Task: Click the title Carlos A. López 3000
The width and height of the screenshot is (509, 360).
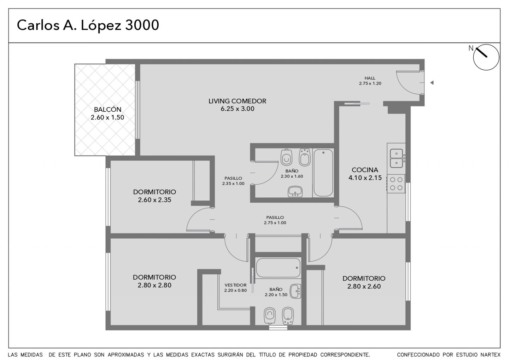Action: [88, 25]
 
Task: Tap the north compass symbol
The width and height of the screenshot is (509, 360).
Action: [486, 57]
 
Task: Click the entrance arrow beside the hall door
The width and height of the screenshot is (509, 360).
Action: [432, 83]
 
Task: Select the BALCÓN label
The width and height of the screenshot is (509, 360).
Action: [107, 110]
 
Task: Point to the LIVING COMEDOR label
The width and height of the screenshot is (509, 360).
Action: [237, 101]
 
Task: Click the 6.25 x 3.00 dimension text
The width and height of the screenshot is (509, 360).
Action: [237, 109]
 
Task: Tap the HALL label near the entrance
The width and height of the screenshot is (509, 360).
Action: [370, 78]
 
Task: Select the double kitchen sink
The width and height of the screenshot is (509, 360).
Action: [396, 158]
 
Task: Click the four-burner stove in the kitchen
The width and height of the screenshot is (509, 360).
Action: [396, 184]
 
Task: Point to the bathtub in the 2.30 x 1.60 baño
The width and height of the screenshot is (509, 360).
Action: [323, 173]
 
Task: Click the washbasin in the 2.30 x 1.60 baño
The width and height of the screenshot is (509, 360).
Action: [295, 192]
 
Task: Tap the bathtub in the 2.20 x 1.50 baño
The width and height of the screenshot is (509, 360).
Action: [278, 268]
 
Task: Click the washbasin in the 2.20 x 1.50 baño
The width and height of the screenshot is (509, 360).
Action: [296, 291]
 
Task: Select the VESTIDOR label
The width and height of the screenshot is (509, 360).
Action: [235, 285]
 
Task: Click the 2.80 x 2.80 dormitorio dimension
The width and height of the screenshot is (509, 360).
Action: [154, 285]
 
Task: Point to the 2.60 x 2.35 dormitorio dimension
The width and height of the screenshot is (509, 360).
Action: [154, 200]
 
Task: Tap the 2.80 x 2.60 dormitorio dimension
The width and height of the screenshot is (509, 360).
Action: [364, 286]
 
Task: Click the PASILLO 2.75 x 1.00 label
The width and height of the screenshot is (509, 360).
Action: [275, 220]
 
